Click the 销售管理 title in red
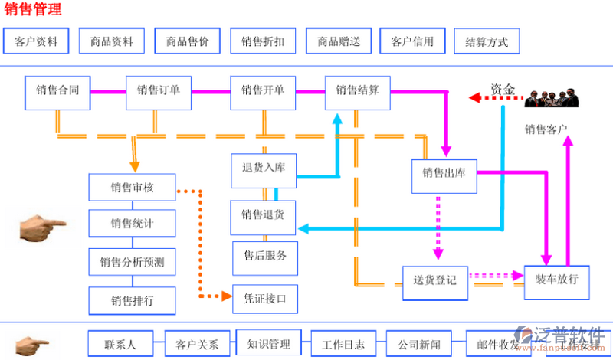pyautogui.click(x=33, y=10)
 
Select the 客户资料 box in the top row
pyautogui.click(x=35, y=41)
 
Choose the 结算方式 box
pyautogui.click(x=486, y=42)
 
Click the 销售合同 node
pyautogui.click(x=57, y=90)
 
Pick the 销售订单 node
pyautogui.click(x=159, y=90)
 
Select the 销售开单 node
pyautogui.click(x=263, y=90)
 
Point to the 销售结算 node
pyautogui.click(x=357, y=90)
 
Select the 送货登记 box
pyautogui.click(x=434, y=280)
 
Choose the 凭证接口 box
pyautogui.click(x=264, y=299)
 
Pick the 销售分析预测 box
pyautogui.click(x=132, y=263)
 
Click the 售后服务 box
pyautogui.click(x=264, y=256)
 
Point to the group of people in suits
pyautogui.click(x=551, y=97)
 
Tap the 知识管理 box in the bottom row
pyautogui.click(x=269, y=343)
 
